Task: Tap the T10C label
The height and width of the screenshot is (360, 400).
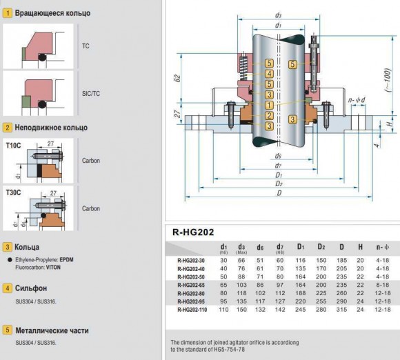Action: tap(12, 146)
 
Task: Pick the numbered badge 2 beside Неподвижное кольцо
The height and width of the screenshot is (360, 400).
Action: tap(8, 128)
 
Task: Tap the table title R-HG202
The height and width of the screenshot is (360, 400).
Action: tap(194, 232)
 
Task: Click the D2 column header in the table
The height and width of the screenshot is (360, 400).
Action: tap(321, 246)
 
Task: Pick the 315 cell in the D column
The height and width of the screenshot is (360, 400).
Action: tap(341, 310)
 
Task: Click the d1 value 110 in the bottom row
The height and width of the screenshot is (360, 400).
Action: tap(224, 310)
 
